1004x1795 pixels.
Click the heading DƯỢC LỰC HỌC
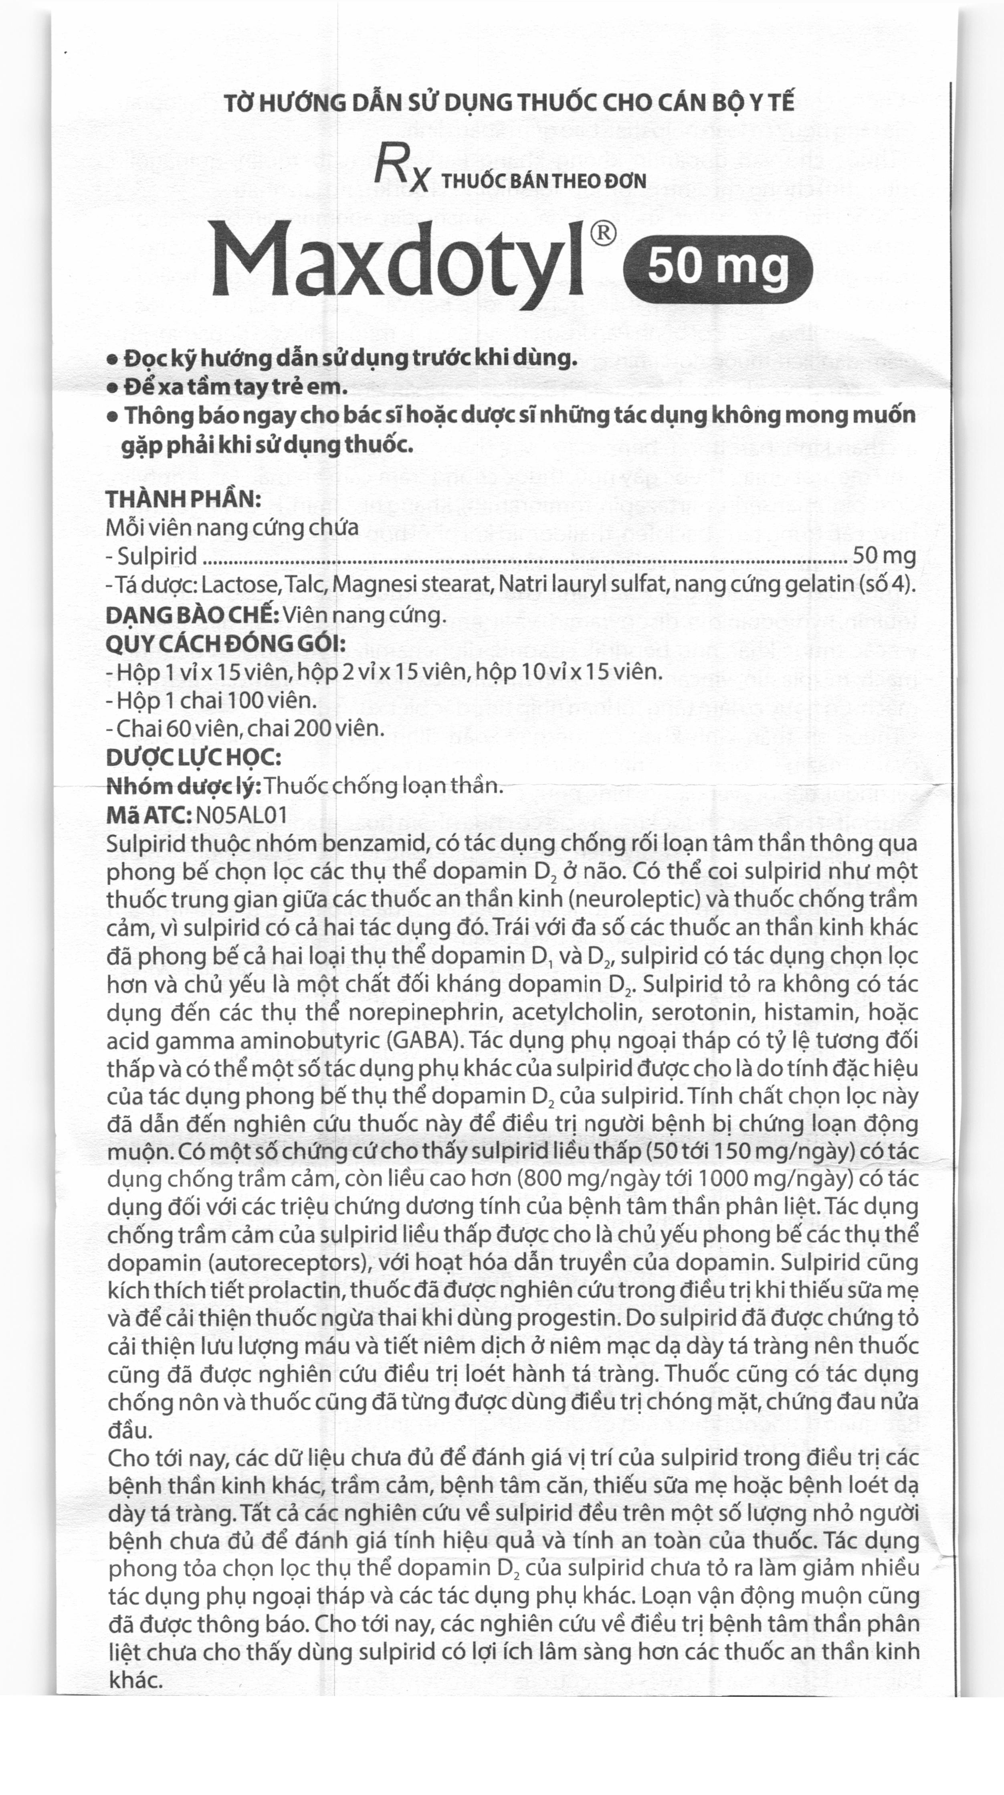(x=194, y=757)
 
